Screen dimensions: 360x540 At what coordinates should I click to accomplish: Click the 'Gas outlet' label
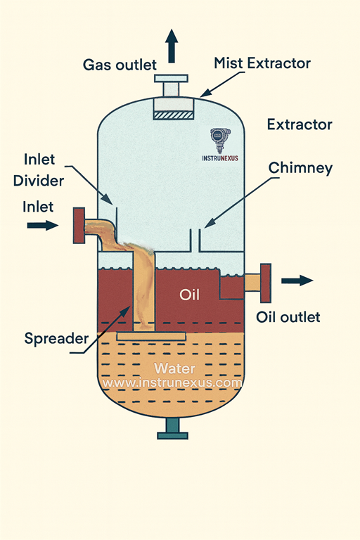120,65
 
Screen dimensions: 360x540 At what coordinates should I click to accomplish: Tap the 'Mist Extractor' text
262,63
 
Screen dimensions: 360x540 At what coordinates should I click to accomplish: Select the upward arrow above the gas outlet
172,46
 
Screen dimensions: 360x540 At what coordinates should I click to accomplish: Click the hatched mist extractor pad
174,115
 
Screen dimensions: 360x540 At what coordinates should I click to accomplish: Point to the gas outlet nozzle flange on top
172,79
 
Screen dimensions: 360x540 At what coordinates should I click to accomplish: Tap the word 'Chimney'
300,169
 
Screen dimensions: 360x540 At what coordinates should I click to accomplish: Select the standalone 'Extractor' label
300,124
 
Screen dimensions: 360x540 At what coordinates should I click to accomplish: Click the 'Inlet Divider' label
39,170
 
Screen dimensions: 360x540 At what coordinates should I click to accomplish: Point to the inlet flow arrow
43,226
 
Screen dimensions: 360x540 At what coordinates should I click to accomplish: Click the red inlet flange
79,226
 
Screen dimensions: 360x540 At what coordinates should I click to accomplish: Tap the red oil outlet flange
266,283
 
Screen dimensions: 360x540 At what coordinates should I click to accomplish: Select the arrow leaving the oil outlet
297,281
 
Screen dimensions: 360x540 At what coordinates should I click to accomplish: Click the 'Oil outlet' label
288,317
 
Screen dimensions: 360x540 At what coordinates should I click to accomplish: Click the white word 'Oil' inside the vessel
189,295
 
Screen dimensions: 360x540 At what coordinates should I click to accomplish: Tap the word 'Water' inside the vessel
174,368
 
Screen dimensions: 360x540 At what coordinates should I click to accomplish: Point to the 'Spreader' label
56,338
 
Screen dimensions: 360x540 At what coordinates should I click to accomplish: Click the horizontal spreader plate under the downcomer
151,336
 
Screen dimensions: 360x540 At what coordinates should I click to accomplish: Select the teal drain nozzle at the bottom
172,429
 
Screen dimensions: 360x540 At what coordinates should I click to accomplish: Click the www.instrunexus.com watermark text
172,382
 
